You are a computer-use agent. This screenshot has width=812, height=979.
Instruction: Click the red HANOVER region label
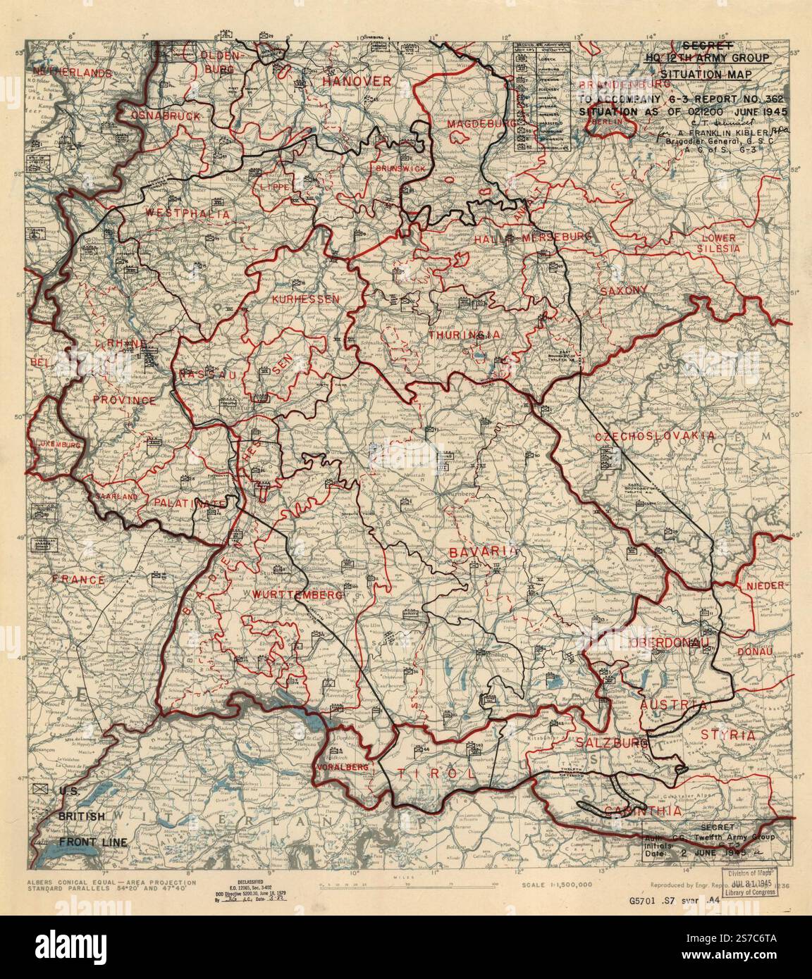[356, 82]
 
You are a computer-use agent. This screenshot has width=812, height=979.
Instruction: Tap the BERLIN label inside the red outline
[610, 121]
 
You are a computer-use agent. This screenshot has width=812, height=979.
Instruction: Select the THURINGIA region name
[463, 335]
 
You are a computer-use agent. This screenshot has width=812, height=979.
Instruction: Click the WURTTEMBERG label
[297, 595]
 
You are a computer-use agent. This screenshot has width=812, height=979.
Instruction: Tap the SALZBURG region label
[610, 743]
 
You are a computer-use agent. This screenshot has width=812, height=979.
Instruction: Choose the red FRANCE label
[78, 580]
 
